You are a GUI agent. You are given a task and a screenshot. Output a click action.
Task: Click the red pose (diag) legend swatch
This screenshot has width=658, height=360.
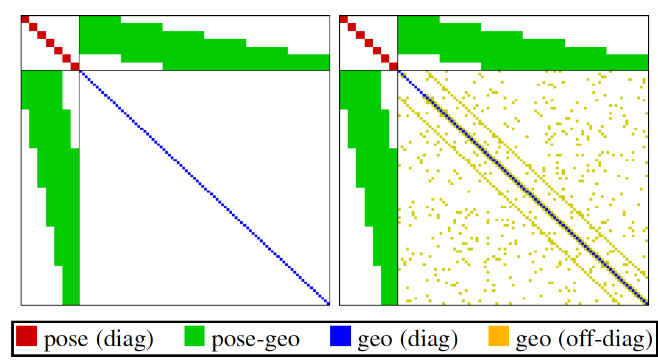(x=27, y=339)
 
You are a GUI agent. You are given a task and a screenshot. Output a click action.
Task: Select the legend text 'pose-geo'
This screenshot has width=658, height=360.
(x=256, y=340)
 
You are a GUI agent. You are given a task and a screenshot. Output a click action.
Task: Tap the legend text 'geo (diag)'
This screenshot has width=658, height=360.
(x=407, y=340)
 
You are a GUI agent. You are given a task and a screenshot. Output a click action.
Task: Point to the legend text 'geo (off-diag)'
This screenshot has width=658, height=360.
(x=580, y=340)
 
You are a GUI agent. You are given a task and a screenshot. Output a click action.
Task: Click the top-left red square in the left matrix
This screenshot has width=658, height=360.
(x=25, y=19)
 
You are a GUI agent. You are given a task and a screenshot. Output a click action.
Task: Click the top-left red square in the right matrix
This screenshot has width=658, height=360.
(x=343, y=19)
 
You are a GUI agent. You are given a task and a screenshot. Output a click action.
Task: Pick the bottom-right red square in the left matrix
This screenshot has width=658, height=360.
(x=75, y=66)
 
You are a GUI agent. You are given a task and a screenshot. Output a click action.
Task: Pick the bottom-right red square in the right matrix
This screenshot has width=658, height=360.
(x=393, y=66)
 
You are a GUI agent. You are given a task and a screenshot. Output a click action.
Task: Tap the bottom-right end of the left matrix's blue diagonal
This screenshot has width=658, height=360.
(x=327, y=303)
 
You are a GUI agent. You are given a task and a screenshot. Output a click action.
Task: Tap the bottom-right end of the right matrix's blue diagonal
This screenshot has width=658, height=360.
(x=645, y=303)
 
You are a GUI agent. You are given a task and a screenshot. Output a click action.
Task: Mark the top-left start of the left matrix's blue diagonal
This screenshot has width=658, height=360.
(x=81, y=72)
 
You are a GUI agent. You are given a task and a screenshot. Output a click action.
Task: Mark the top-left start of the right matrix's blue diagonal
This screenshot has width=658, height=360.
(x=400, y=72)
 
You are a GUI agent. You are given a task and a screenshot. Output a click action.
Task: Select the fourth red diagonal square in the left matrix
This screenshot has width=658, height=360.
(x=50, y=42)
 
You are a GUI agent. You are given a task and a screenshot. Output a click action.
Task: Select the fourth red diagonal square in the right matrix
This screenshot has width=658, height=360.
(x=368, y=42)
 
